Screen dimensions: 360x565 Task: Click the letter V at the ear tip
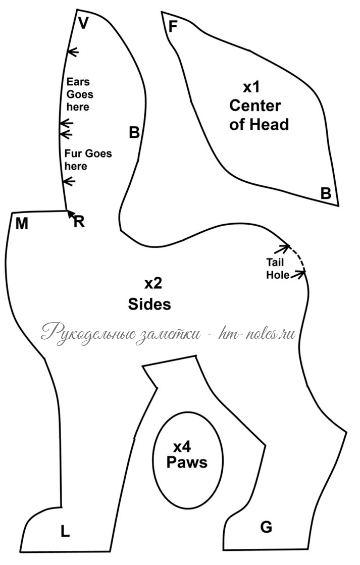83,23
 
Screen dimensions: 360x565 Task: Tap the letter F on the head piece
173,27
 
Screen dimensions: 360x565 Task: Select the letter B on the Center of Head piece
326,193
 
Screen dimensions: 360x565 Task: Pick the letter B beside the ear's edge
134,132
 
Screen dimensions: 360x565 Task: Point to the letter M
22,224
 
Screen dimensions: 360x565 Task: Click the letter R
79,222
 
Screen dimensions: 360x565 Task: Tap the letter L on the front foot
65,531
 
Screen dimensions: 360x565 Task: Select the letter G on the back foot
266,527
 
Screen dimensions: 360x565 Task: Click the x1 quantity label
251,87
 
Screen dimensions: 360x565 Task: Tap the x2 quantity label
153,284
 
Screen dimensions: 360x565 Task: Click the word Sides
149,304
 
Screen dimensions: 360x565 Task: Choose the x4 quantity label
182,447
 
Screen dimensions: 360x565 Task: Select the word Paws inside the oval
187,462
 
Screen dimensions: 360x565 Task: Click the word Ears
78,82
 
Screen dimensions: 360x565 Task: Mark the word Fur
74,153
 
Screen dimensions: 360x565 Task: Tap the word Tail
275,262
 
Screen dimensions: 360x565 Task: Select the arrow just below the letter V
73,52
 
